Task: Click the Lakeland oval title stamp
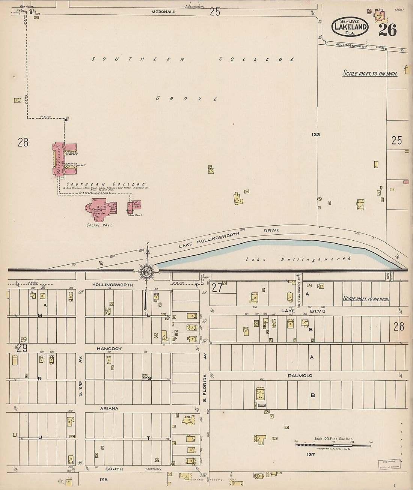pyautogui.click(x=349, y=27)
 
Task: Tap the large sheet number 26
pyautogui.click(x=387, y=30)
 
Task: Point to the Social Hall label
pyautogui.click(x=99, y=225)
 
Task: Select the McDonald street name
pyautogui.click(x=163, y=12)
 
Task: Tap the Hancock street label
pyautogui.click(x=109, y=348)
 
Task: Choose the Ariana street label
pyautogui.click(x=109, y=408)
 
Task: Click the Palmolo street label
pyautogui.click(x=300, y=375)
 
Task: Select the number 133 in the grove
pyautogui.click(x=315, y=134)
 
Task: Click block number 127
pyautogui.click(x=310, y=455)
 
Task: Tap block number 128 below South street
pyautogui.click(x=104, y=479)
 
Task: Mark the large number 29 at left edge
pyautogui.click(x=22, y=348)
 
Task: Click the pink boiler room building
pyautogui.click(x=134, y=206)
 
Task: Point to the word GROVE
pyautogui.click(x=187, y=99)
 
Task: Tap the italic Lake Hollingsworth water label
pyautogui.click(x=298, y=259)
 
